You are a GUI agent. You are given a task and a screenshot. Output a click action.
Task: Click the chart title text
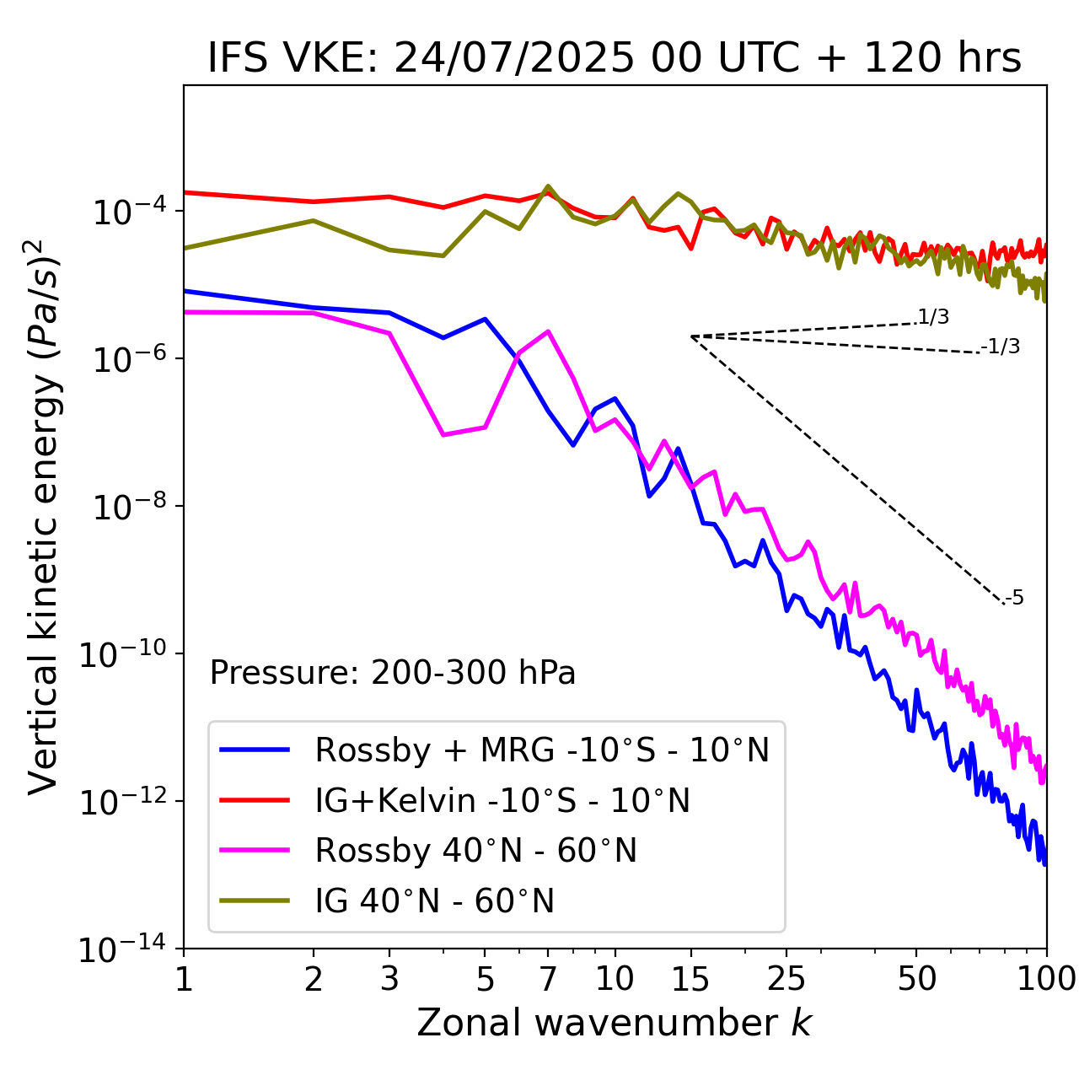(615, 58)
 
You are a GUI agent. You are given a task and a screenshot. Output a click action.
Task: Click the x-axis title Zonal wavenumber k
(615, 1023)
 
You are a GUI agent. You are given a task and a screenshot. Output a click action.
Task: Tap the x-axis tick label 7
(548, 979)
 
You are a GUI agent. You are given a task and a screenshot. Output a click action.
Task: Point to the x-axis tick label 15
(690, 979)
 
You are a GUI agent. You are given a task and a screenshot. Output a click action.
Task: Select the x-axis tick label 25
(786, 979)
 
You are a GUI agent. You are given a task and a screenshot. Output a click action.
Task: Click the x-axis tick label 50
(916, 979)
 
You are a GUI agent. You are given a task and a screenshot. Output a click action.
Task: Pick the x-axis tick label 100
(1045, 979)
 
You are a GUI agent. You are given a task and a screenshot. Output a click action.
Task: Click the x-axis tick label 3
(389, 979)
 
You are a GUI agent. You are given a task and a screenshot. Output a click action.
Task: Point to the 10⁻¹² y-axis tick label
(126, 802)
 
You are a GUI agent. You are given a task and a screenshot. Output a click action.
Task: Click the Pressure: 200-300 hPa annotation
(393, 673)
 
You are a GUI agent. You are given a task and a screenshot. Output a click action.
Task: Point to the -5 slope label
(1014, 599)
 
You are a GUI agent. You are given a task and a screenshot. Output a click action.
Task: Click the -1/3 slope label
(1001, 347)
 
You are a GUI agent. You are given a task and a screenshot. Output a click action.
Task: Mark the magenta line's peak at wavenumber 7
(548, 331)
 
